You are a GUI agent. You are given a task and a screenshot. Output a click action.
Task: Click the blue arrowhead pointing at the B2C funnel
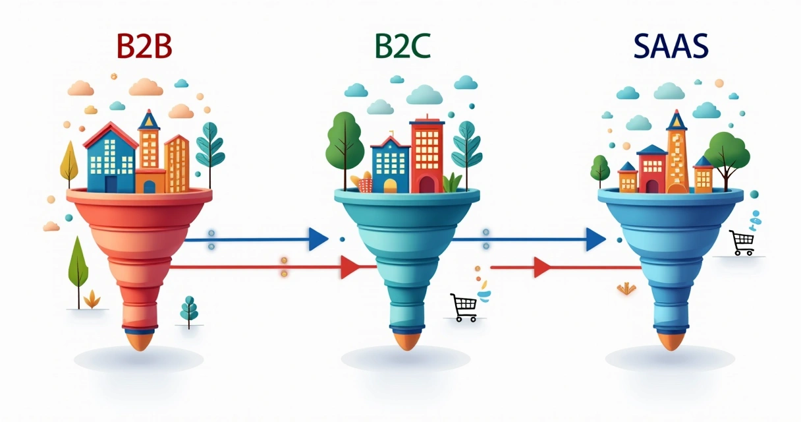[x=318, y=239]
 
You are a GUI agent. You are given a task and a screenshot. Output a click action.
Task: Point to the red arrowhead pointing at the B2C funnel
[x=349, y=267]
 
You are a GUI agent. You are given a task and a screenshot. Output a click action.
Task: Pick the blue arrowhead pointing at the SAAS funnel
[x=595, y=239]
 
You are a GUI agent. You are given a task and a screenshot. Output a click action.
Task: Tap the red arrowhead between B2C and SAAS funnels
[x=541, y=267]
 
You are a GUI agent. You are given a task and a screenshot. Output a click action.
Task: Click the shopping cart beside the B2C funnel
[x=464, y=307]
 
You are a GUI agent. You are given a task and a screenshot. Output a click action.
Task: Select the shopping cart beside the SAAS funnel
[x=742, y=243]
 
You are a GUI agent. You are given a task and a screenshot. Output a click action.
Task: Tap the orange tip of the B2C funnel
[x=404, y=340]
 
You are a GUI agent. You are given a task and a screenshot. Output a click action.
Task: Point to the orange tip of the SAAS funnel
[x=670, y=340]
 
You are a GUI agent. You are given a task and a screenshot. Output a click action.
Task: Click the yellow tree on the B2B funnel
[x=69, y=162]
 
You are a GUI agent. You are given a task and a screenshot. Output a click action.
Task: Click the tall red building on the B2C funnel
[x=428, y=155]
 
